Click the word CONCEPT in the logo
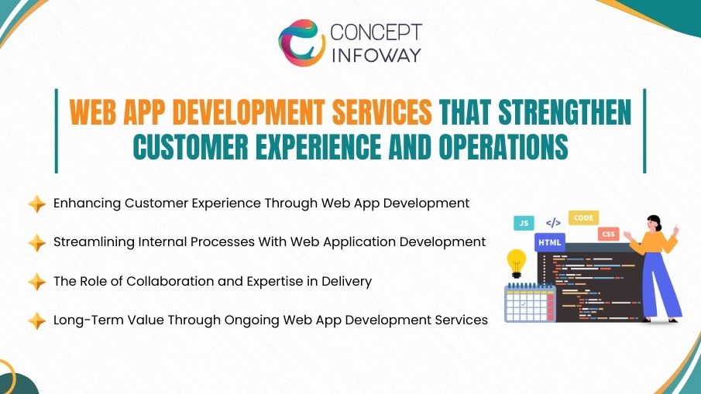pos(376,33)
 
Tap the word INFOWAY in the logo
pos(376,56)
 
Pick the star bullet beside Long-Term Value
pos(36,320)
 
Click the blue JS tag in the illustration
pos(524,223)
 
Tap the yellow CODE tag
pos(583,218)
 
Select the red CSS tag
pos(608,233)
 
